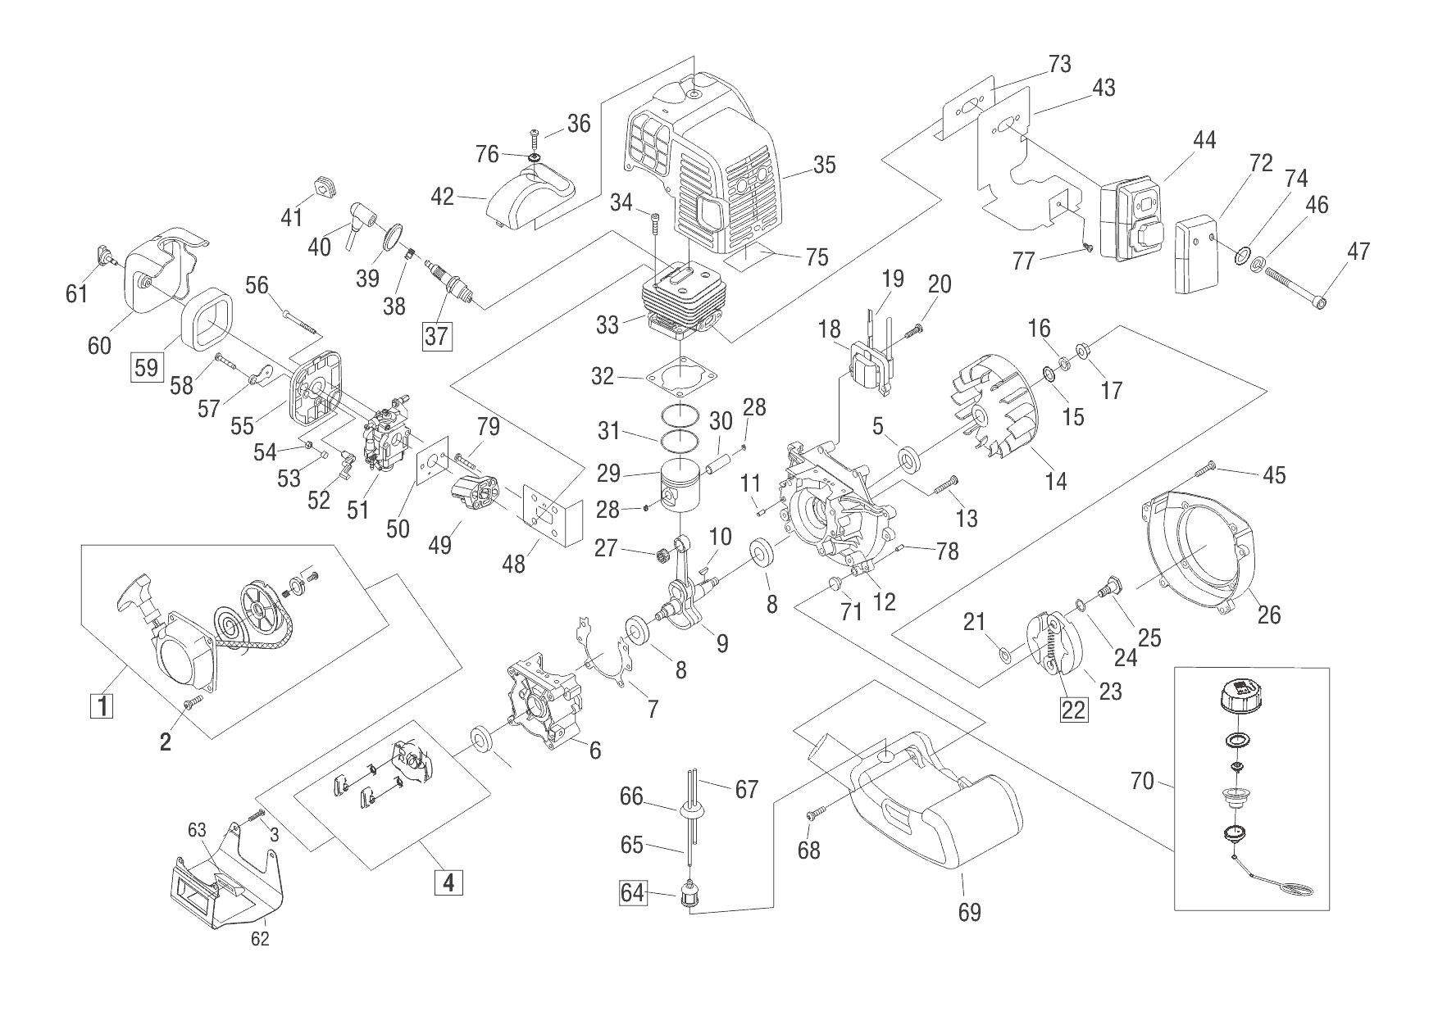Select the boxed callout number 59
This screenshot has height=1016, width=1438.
click(146, 366)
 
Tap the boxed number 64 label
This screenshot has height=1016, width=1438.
click(632, 892)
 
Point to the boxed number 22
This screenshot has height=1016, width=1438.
click(1074, 710)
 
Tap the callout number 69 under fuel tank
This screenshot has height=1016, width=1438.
click(970, 913)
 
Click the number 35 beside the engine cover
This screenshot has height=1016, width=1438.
click(824, 165)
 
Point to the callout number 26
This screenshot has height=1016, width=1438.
click(1268, 614)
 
